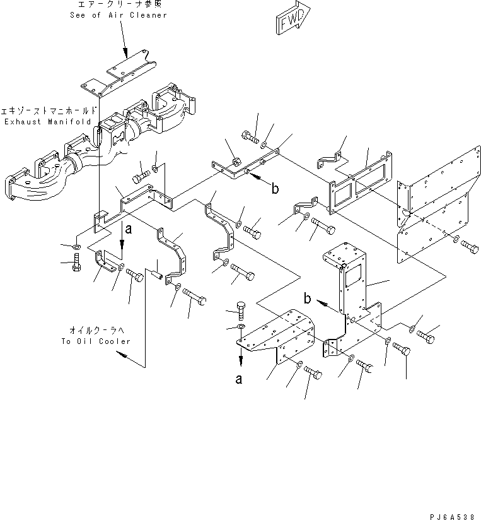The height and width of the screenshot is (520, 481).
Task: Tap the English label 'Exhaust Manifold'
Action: [x=47, y=121]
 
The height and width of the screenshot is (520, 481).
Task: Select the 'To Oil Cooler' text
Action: [x=96, y=341]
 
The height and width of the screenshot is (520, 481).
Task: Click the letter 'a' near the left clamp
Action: [x=129, y=231]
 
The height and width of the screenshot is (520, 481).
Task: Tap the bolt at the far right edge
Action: [x=468, y=245]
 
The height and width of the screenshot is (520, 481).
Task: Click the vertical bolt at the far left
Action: [x=76, y=266]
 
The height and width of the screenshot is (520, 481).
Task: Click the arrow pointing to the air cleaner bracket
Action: [x=125, y=50]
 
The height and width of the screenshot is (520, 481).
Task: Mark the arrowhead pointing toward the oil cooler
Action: [x=122, y=357]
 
